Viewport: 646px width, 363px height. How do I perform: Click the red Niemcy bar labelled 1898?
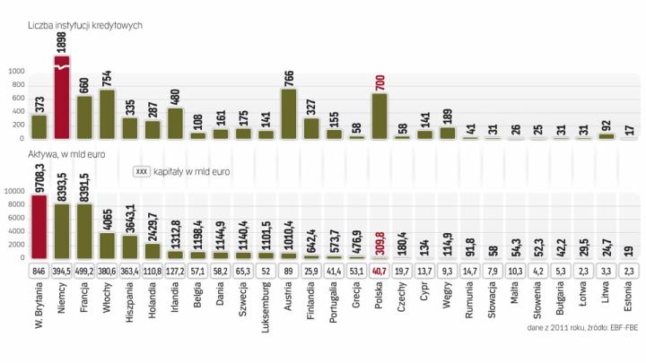pos(62,99)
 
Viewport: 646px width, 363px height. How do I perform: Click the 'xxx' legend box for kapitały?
pos(140,171)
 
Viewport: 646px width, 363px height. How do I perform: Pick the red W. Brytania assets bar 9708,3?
pos(39,223)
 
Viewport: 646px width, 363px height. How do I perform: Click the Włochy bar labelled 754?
pos(108,114)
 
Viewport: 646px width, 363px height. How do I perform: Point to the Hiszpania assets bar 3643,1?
pos(130,243)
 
